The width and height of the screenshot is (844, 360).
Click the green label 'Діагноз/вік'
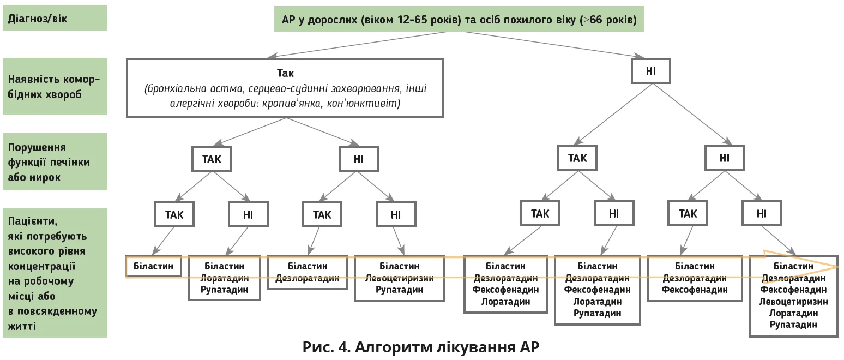pos(55,17)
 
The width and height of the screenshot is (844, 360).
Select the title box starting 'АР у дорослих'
pos(459,21)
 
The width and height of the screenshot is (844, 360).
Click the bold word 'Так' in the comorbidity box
pos(285,73)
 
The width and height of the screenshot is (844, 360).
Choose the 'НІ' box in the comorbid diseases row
pos(651,71)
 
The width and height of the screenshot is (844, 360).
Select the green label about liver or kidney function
pos(55,163)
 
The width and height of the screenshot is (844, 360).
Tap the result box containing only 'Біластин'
pos(154,266)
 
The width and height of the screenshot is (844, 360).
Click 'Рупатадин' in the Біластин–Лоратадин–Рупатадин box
pos(224,290)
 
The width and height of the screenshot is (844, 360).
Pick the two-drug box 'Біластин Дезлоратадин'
pos(308,272)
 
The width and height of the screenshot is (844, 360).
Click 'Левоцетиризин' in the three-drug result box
pos(400,278)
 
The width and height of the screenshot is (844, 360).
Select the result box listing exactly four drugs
pos(505,284)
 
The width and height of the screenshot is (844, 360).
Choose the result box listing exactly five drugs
pos(597,290)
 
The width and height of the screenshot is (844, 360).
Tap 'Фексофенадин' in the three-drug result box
pos(695,290)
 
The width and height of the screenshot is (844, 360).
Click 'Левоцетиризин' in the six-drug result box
pos(793,301)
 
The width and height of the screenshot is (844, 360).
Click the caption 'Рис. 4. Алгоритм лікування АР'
pos(421,347)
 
